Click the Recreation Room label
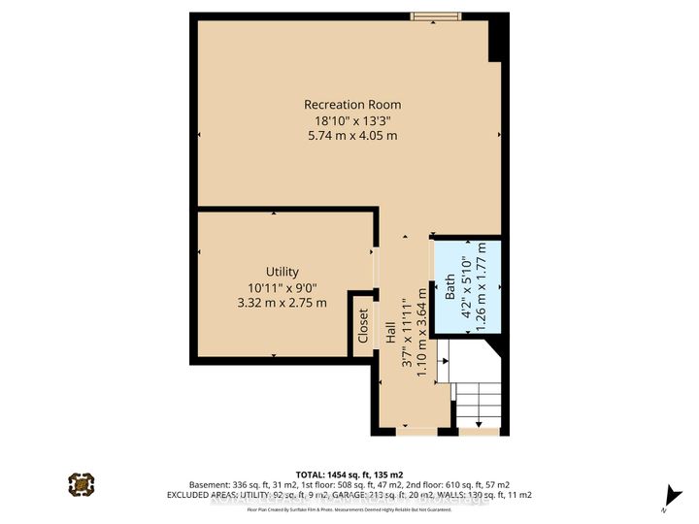(x=351, y=105)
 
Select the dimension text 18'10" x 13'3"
(x=351, y=120)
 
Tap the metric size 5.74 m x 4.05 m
(x=351, y=136)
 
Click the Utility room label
(x=283, y=272)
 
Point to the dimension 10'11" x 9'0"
(x=283, y=287)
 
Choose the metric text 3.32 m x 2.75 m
(x=283, y=303)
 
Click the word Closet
(x=363, y=326)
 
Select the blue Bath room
(x=467, y=287)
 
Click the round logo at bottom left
(x=82, y=482)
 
